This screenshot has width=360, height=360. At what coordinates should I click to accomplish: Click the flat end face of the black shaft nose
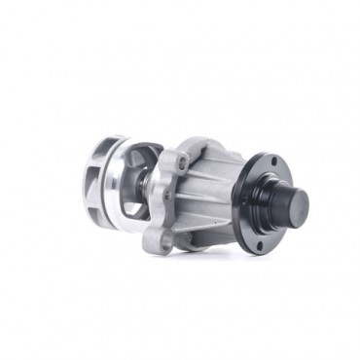[297, 204]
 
